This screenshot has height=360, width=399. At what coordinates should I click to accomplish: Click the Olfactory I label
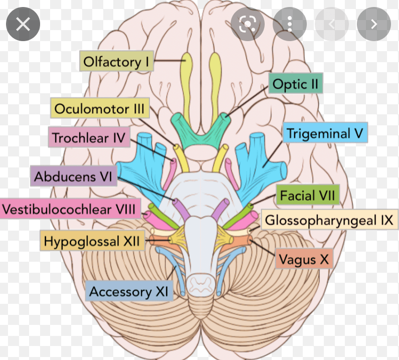[116, 62]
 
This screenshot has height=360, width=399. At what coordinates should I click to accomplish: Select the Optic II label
[295, 84]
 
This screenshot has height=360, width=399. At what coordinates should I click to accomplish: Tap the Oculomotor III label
[99, 108]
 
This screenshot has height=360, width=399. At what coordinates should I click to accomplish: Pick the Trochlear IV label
[88, 137]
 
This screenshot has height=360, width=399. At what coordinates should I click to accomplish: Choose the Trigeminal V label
[324, 134]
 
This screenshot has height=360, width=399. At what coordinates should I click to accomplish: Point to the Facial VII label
[307, 195]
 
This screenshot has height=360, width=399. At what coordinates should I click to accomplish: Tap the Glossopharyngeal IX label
[328, 220]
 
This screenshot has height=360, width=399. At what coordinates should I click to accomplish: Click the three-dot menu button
[290, 24]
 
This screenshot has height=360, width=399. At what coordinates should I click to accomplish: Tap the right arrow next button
[373, 24]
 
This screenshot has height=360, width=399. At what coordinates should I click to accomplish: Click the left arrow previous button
[331, 24]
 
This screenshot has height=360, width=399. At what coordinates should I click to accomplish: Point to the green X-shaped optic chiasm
[199, 131]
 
